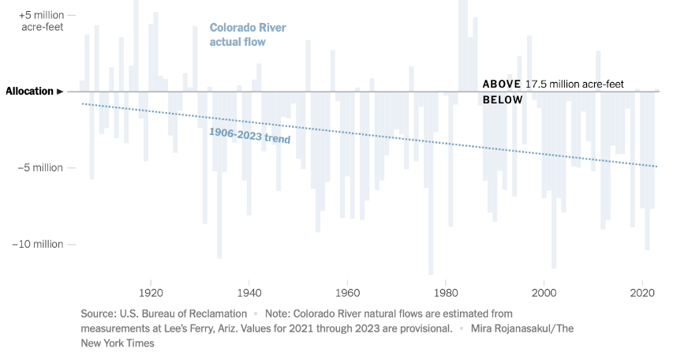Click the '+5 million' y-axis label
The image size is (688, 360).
40,15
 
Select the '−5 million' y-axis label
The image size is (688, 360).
41,167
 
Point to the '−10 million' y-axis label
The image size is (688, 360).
38,244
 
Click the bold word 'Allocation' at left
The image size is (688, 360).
29,92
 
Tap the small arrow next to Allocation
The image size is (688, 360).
60,92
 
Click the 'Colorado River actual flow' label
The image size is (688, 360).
247,34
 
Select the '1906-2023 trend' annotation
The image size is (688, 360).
249,135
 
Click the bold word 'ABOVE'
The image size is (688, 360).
501,84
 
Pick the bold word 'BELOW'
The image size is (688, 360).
503,100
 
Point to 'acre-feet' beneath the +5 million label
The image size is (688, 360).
42,28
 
